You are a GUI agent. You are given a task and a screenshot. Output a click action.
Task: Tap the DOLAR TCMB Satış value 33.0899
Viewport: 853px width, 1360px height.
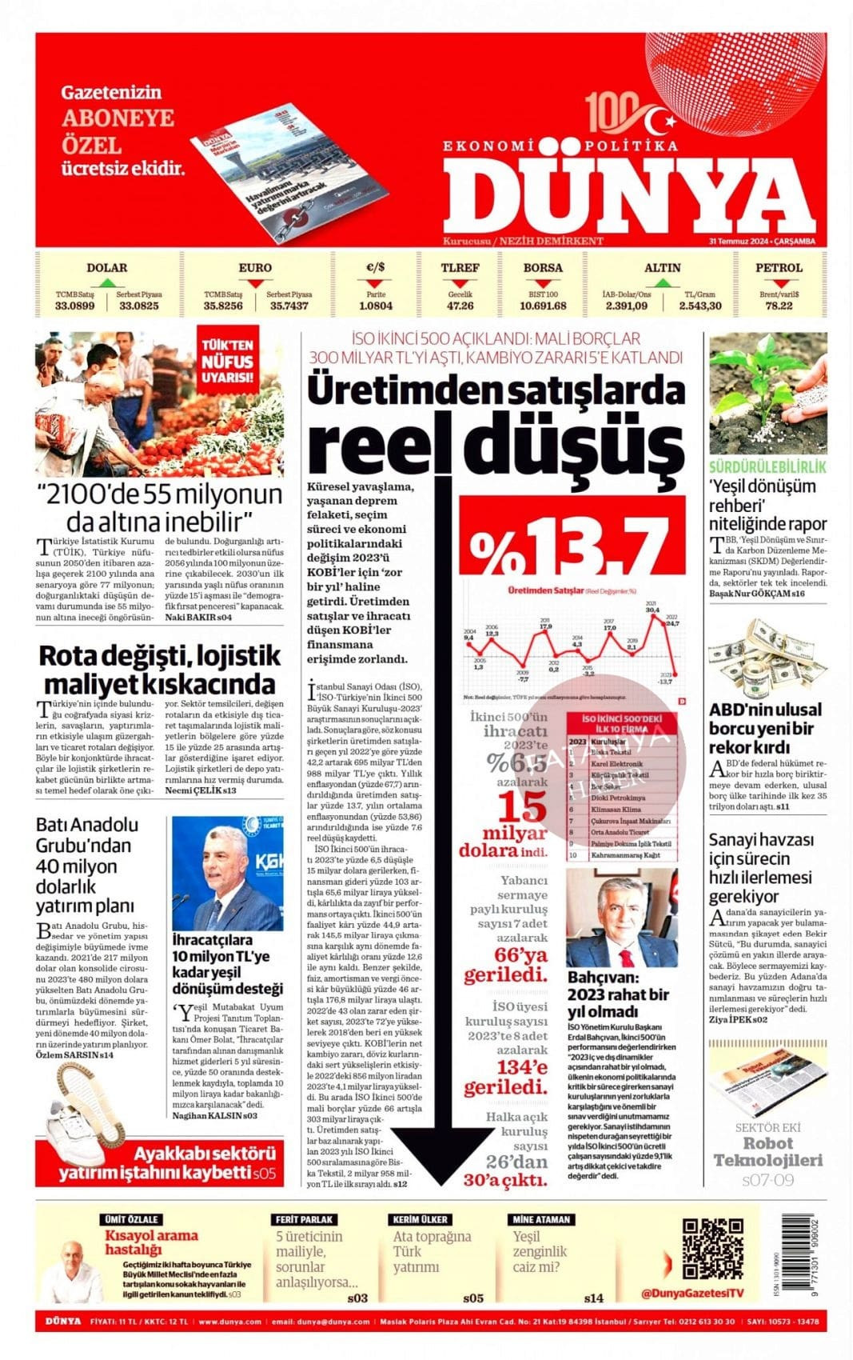pos(75,306)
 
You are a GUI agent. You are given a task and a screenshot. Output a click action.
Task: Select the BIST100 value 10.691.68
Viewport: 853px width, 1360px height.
pos(543,306)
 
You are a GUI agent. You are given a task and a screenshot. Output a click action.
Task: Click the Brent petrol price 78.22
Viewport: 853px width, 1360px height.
pos(778,306)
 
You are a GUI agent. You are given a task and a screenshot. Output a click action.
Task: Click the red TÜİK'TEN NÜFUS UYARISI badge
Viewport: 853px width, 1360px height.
pos(227,362)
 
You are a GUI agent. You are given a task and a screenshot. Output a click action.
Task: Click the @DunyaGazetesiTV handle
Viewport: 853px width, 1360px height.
pos(692,1293)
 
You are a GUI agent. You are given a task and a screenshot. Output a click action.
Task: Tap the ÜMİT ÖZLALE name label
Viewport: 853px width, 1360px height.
pos(132,1219)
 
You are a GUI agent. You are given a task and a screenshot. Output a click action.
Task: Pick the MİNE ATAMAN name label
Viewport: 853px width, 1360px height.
pos(542,1219)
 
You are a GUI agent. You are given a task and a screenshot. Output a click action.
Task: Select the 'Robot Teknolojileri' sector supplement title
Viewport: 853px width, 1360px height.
pos(767,1152)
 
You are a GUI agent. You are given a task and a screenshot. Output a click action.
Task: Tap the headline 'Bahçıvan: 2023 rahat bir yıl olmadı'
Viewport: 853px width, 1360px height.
pos(618,994)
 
